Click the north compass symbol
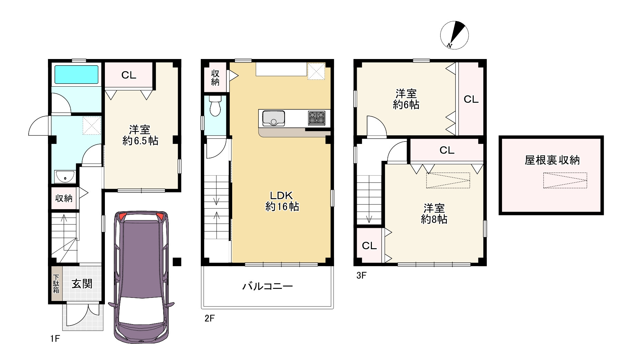(454, 35)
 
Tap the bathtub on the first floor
(76, 75)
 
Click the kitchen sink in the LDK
(274, 118)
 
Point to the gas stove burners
(316, 118)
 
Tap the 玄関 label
(82, 284)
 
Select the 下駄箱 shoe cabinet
(56, 284)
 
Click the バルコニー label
(267, 286)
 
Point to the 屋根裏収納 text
(552, 160)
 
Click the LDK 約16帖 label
(282, 201)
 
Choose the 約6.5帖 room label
(140, 135)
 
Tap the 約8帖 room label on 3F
(434, 214)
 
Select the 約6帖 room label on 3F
(406, 99)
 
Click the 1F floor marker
(55, 339)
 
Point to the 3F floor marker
(361, 275)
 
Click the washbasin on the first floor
(65, 177)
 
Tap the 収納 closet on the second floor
(215, 78)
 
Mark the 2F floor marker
(209, 318)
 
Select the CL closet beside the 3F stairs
(369, 246)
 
